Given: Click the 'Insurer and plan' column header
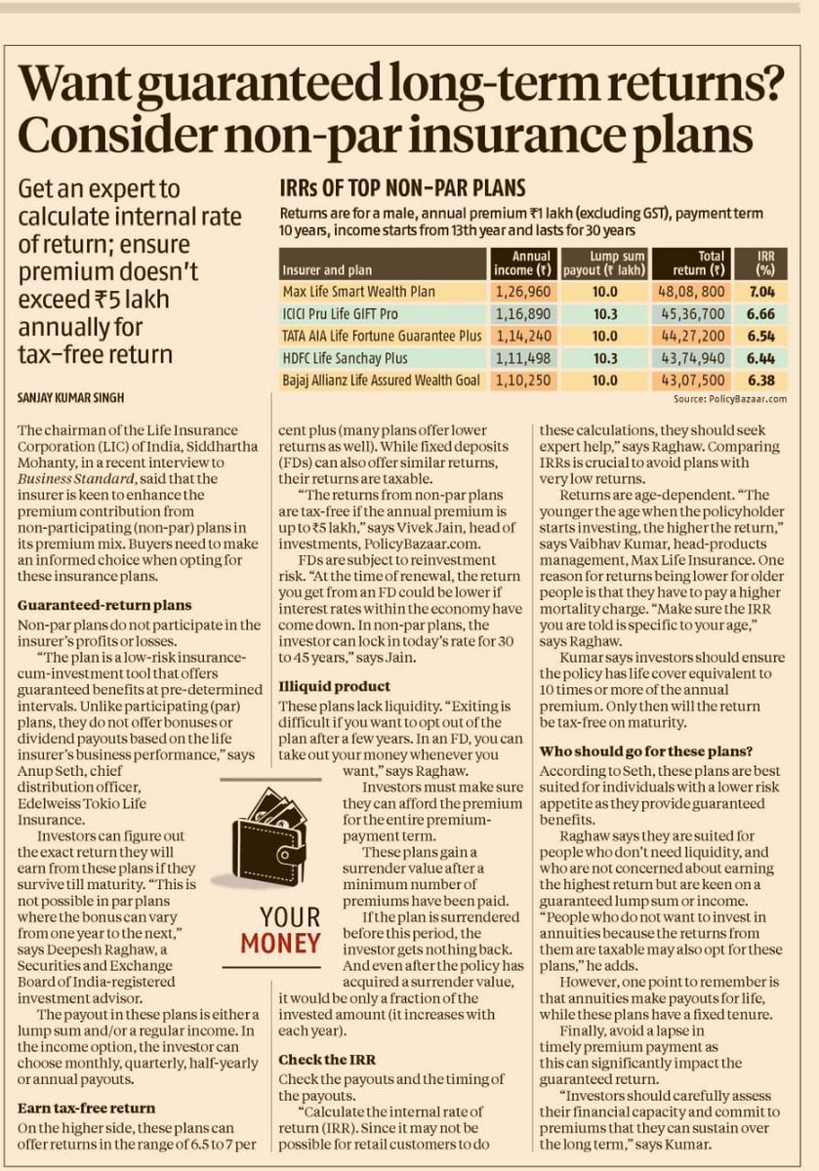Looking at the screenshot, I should [331, 268].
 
